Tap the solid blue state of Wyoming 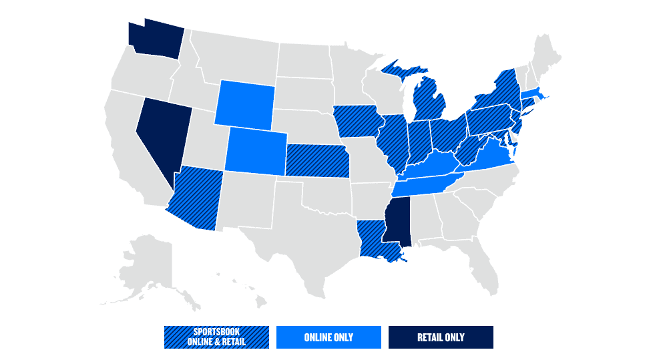point(244,103)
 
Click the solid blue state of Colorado point(256,151)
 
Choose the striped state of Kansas point(318,161)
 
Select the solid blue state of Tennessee point(427,183)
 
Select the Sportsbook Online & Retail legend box point(216,337)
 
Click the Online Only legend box point(328,337)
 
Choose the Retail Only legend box point(441,337)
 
